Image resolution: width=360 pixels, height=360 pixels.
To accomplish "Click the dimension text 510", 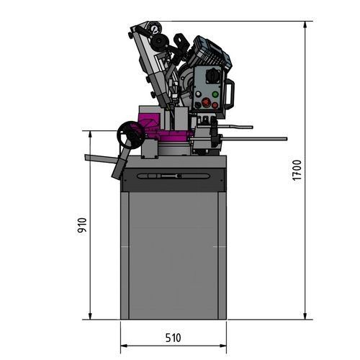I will point(173,337).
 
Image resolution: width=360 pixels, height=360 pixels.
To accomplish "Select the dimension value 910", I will point(82,226).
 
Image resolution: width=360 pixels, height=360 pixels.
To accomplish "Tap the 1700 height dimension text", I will point(297,171).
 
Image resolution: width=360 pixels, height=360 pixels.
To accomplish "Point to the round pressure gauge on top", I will point(154,30).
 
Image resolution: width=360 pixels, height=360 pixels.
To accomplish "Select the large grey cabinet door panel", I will point(173,256).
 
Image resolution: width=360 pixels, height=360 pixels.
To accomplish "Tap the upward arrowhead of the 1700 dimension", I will point(307,25).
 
